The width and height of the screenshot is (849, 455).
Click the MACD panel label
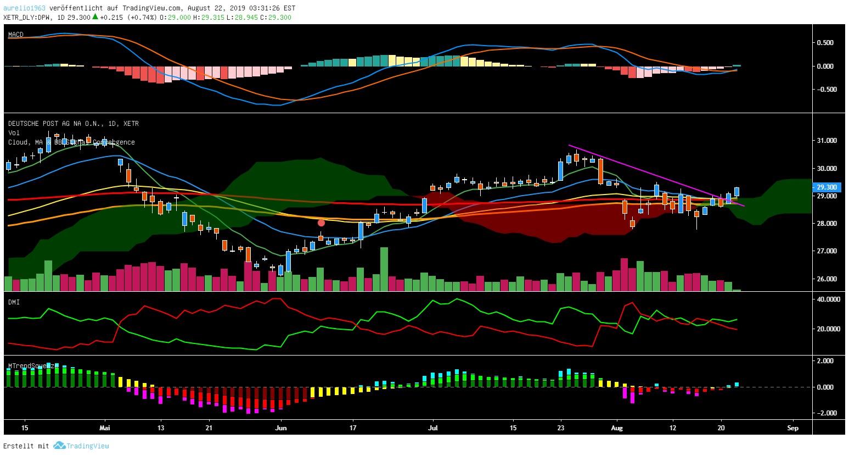click(16, 35)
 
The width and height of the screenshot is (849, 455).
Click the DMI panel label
click(14, 302)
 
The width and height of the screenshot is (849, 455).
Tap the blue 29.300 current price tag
click(827, 187)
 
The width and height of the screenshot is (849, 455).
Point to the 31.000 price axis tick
click(826, 141)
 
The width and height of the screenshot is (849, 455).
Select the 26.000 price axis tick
click(826, 279)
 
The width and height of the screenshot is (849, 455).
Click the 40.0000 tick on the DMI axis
click(829, 299)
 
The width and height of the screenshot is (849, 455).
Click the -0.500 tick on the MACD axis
click(825, 90)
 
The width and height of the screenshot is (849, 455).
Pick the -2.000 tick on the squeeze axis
click(825, 413)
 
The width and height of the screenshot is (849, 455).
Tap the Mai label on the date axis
click(105, 428)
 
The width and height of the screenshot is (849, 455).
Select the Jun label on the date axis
click(281, 428)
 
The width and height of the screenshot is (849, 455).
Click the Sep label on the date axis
click(792, 428)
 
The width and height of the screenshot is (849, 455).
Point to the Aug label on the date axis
click(617, 428)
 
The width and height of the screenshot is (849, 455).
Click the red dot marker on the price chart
click(322, 223)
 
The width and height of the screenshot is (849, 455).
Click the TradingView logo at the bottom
click(82, 446)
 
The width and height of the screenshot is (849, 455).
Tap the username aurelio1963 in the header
click(24, 8)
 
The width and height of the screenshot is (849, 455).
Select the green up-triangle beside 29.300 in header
click(95, 17)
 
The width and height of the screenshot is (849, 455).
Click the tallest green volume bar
click(384, 269)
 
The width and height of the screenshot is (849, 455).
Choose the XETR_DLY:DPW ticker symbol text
click(27, 17)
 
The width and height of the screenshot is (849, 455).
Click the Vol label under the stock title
click(14, 133)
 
